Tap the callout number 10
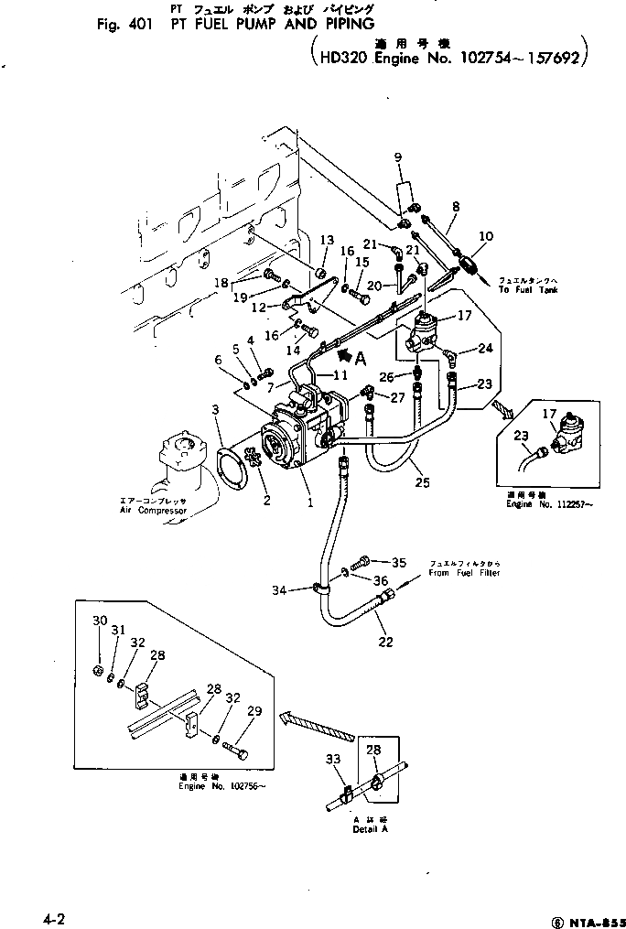pyautogui.click(x=486, y=236)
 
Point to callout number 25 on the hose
pyautogui.click(x=420, y=481)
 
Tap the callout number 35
pyautogui.click(x=398, y=562)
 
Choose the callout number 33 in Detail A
pyautogui.click(x=331, y=759)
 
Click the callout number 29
pyautogui.click(x=255, y=711)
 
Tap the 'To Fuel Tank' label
pyautogui.click(x=528, y=289)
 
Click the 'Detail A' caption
pyautogui.click(x=371, y=829)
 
